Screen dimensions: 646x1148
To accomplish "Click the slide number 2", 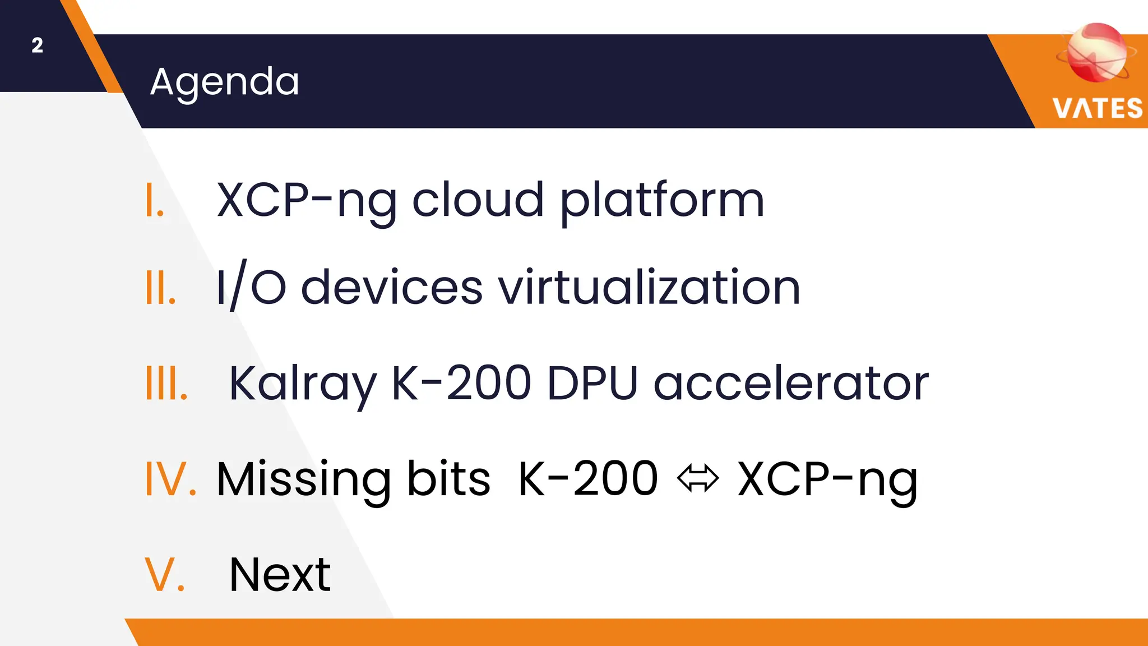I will [x=37, y=45].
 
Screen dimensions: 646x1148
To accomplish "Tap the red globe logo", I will [x=1096, y=52].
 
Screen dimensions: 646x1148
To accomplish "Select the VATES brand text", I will [x=1097, y=108].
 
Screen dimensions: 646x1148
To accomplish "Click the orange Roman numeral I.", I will [x=154, y=200].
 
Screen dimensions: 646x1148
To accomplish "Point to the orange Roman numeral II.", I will [x=160, y=288].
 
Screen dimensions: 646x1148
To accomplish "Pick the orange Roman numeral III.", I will [x=166, y=384].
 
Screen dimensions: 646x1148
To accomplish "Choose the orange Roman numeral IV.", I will [x=170, y=479].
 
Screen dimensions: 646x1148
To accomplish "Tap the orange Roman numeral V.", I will [x=164, y=575].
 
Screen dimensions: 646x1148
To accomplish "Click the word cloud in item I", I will [x=478, y=200].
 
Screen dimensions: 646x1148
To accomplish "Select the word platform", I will [x=662, y=201].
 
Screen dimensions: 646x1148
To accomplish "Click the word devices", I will [x=391, y=288].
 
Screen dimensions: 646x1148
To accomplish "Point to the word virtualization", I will [x=649, y=288].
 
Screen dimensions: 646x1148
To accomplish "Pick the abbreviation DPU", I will [x=592, y=384].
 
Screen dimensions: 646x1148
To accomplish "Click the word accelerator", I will [x=791, y=384].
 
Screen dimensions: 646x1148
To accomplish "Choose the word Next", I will [x=280, y=575].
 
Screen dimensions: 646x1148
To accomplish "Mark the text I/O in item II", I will [x=251, y=288].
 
